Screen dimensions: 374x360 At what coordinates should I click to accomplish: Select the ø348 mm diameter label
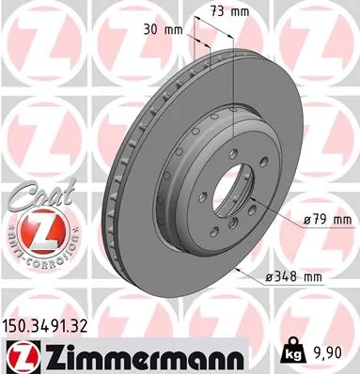296,277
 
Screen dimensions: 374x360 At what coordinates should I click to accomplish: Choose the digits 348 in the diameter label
294,277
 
